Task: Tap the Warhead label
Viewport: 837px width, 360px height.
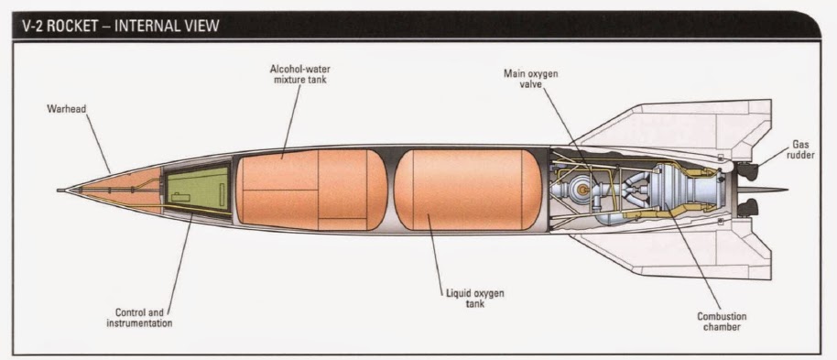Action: coord(66,109)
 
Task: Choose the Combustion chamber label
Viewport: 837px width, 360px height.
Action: coord(723,321)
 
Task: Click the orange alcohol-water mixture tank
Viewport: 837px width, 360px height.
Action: coord(311,191)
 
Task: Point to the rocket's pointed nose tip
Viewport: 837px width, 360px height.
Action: coord(59,191)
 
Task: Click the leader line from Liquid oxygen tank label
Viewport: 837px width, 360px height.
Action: coord(446,251)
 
